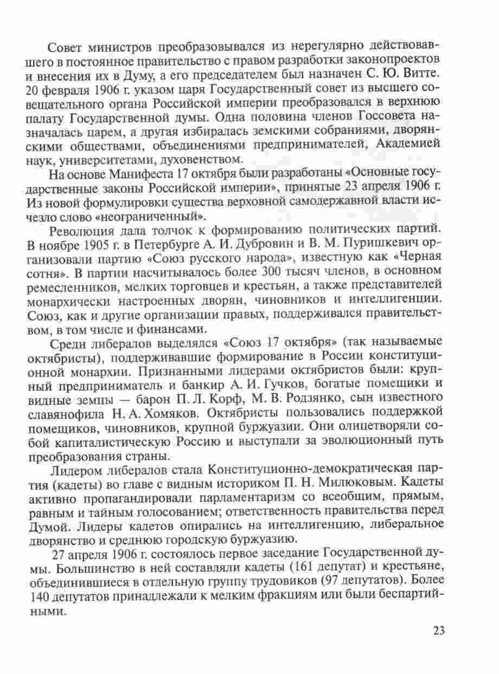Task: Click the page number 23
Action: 439,631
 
